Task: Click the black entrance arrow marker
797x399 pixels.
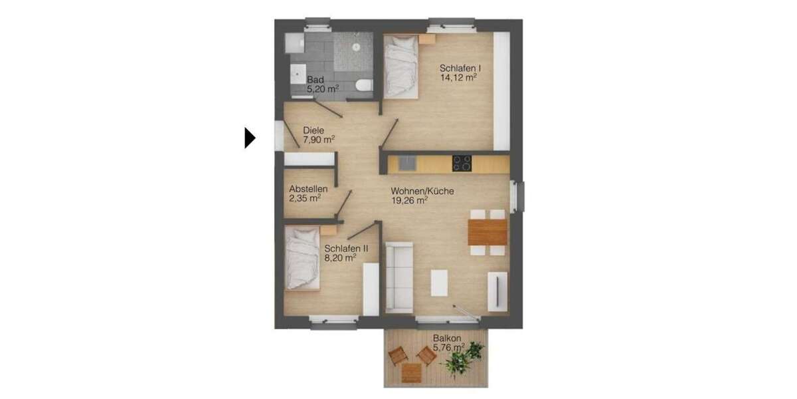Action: coord(249,138)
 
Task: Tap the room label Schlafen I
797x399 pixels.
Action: coord(460,68)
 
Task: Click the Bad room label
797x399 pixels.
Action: coord(315,80)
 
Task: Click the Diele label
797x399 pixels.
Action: coord(313,130)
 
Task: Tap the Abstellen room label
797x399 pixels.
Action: coord(308,189)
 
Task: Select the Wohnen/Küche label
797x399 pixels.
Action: coord(422,192)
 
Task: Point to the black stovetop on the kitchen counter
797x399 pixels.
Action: coord(462,163)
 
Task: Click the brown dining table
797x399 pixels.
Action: coord(487,232)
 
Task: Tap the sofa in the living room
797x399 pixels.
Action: coord(399,277)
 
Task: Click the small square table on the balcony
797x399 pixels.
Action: coord(411,372)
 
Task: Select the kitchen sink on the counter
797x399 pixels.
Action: coord(406,163)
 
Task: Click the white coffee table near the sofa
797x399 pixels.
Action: coord(440,282)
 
